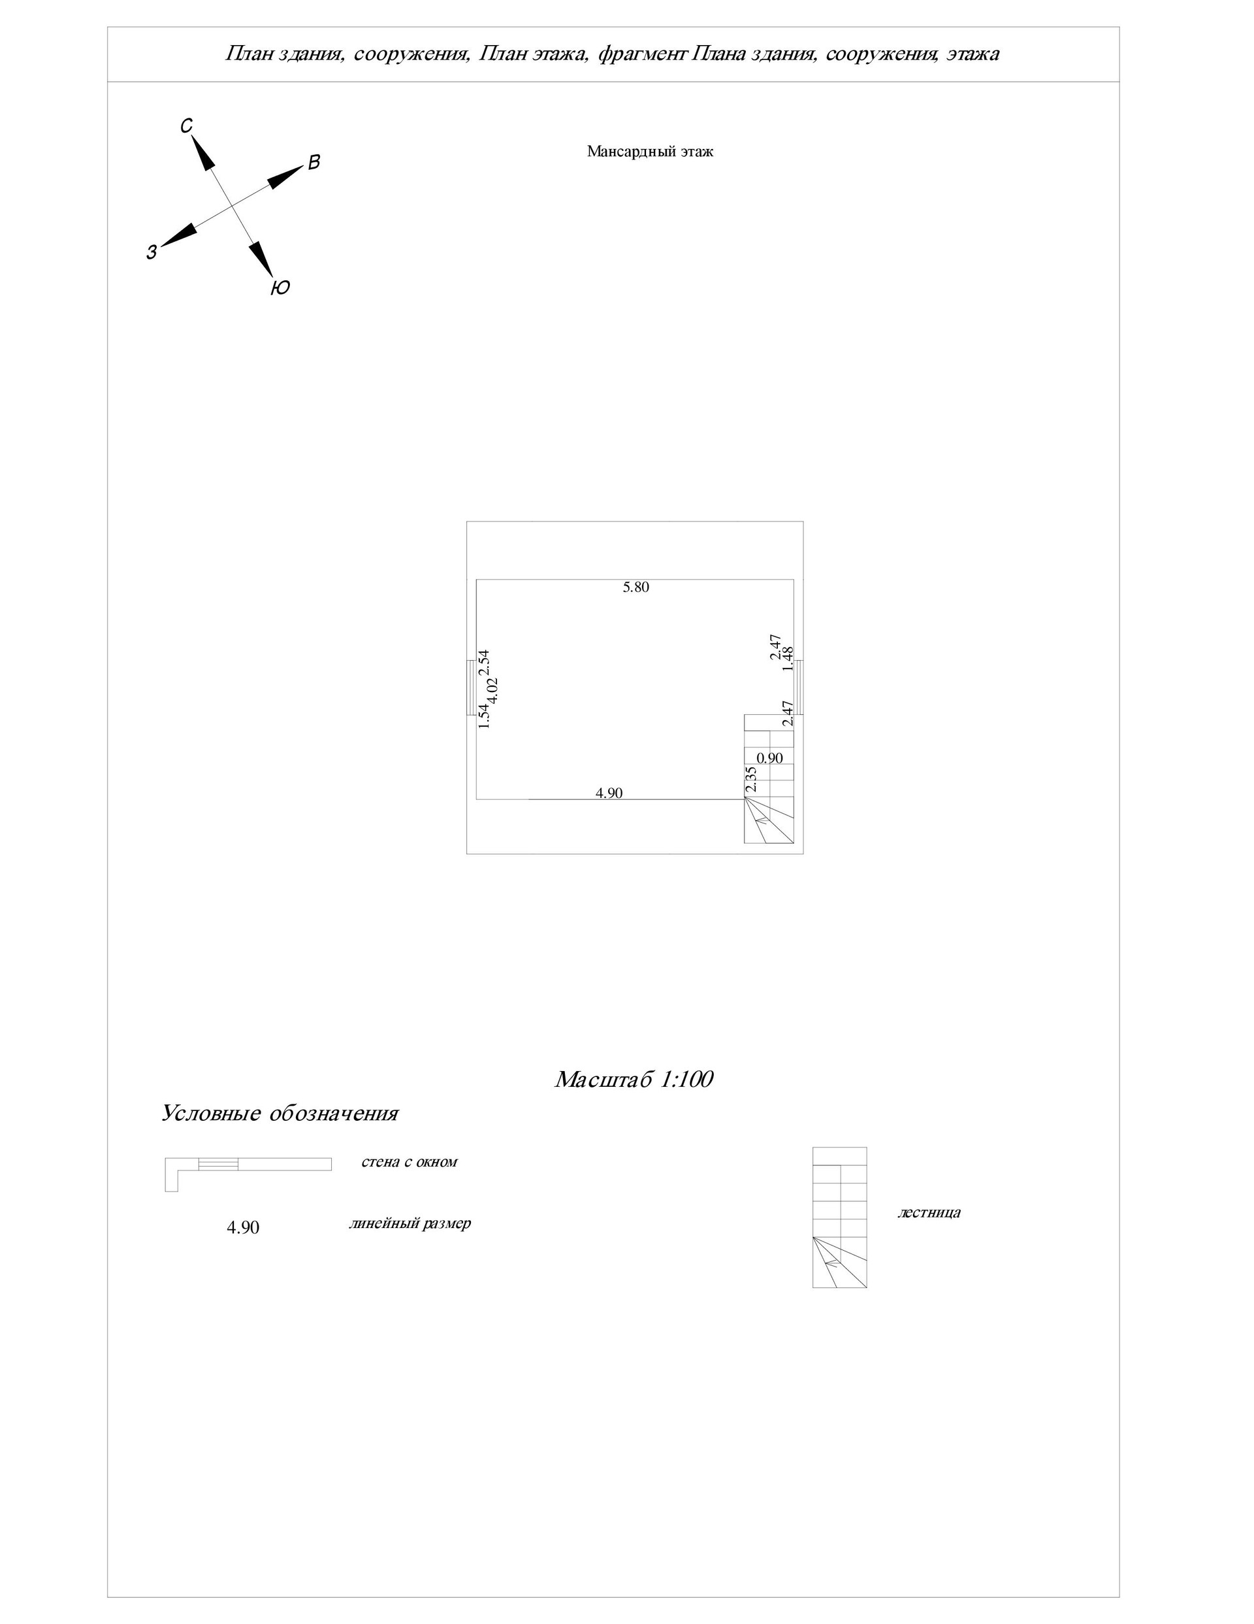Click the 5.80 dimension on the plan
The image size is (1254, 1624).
tap(635, 587)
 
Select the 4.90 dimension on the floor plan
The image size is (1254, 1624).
tap(609, 793)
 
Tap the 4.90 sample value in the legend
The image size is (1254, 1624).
tap(243, 1227)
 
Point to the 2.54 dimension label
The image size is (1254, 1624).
tap(484, 663)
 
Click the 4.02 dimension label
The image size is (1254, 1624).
tap(492, 691)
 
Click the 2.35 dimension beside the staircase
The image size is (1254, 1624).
tap(750, 779)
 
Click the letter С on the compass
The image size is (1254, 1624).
tap(187, 126)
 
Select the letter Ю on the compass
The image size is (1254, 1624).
tap(280, 288)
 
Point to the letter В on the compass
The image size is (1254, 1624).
tap(313, 163)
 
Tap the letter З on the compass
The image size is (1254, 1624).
tap(152, 252)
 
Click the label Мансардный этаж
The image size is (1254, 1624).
tap(650, 152)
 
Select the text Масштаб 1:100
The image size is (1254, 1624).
tap(634, 1079)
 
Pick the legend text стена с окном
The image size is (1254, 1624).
tap(409, 1161)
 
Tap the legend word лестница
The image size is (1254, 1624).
tap(929, 1212)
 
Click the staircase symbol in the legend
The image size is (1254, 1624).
tap(839, 1218)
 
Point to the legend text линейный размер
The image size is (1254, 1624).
tap(410, 1223)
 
